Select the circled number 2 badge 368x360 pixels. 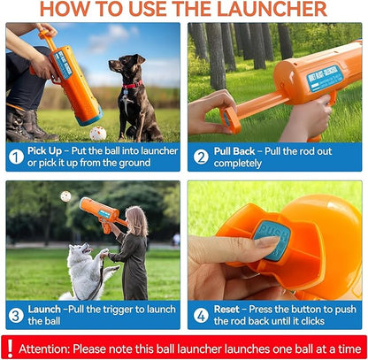click(201, 157)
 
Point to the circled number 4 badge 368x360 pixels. click(201, 315)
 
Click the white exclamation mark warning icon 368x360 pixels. click(11, 348)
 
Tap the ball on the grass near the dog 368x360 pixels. click(98, 132)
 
